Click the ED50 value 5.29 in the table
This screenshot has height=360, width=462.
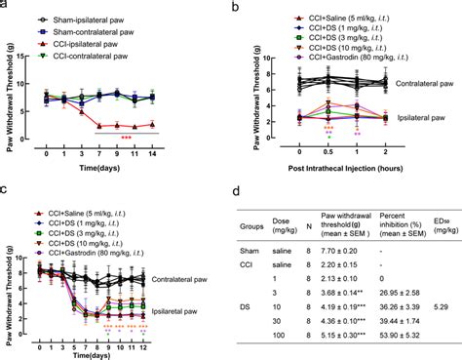(x=442, y=305)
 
